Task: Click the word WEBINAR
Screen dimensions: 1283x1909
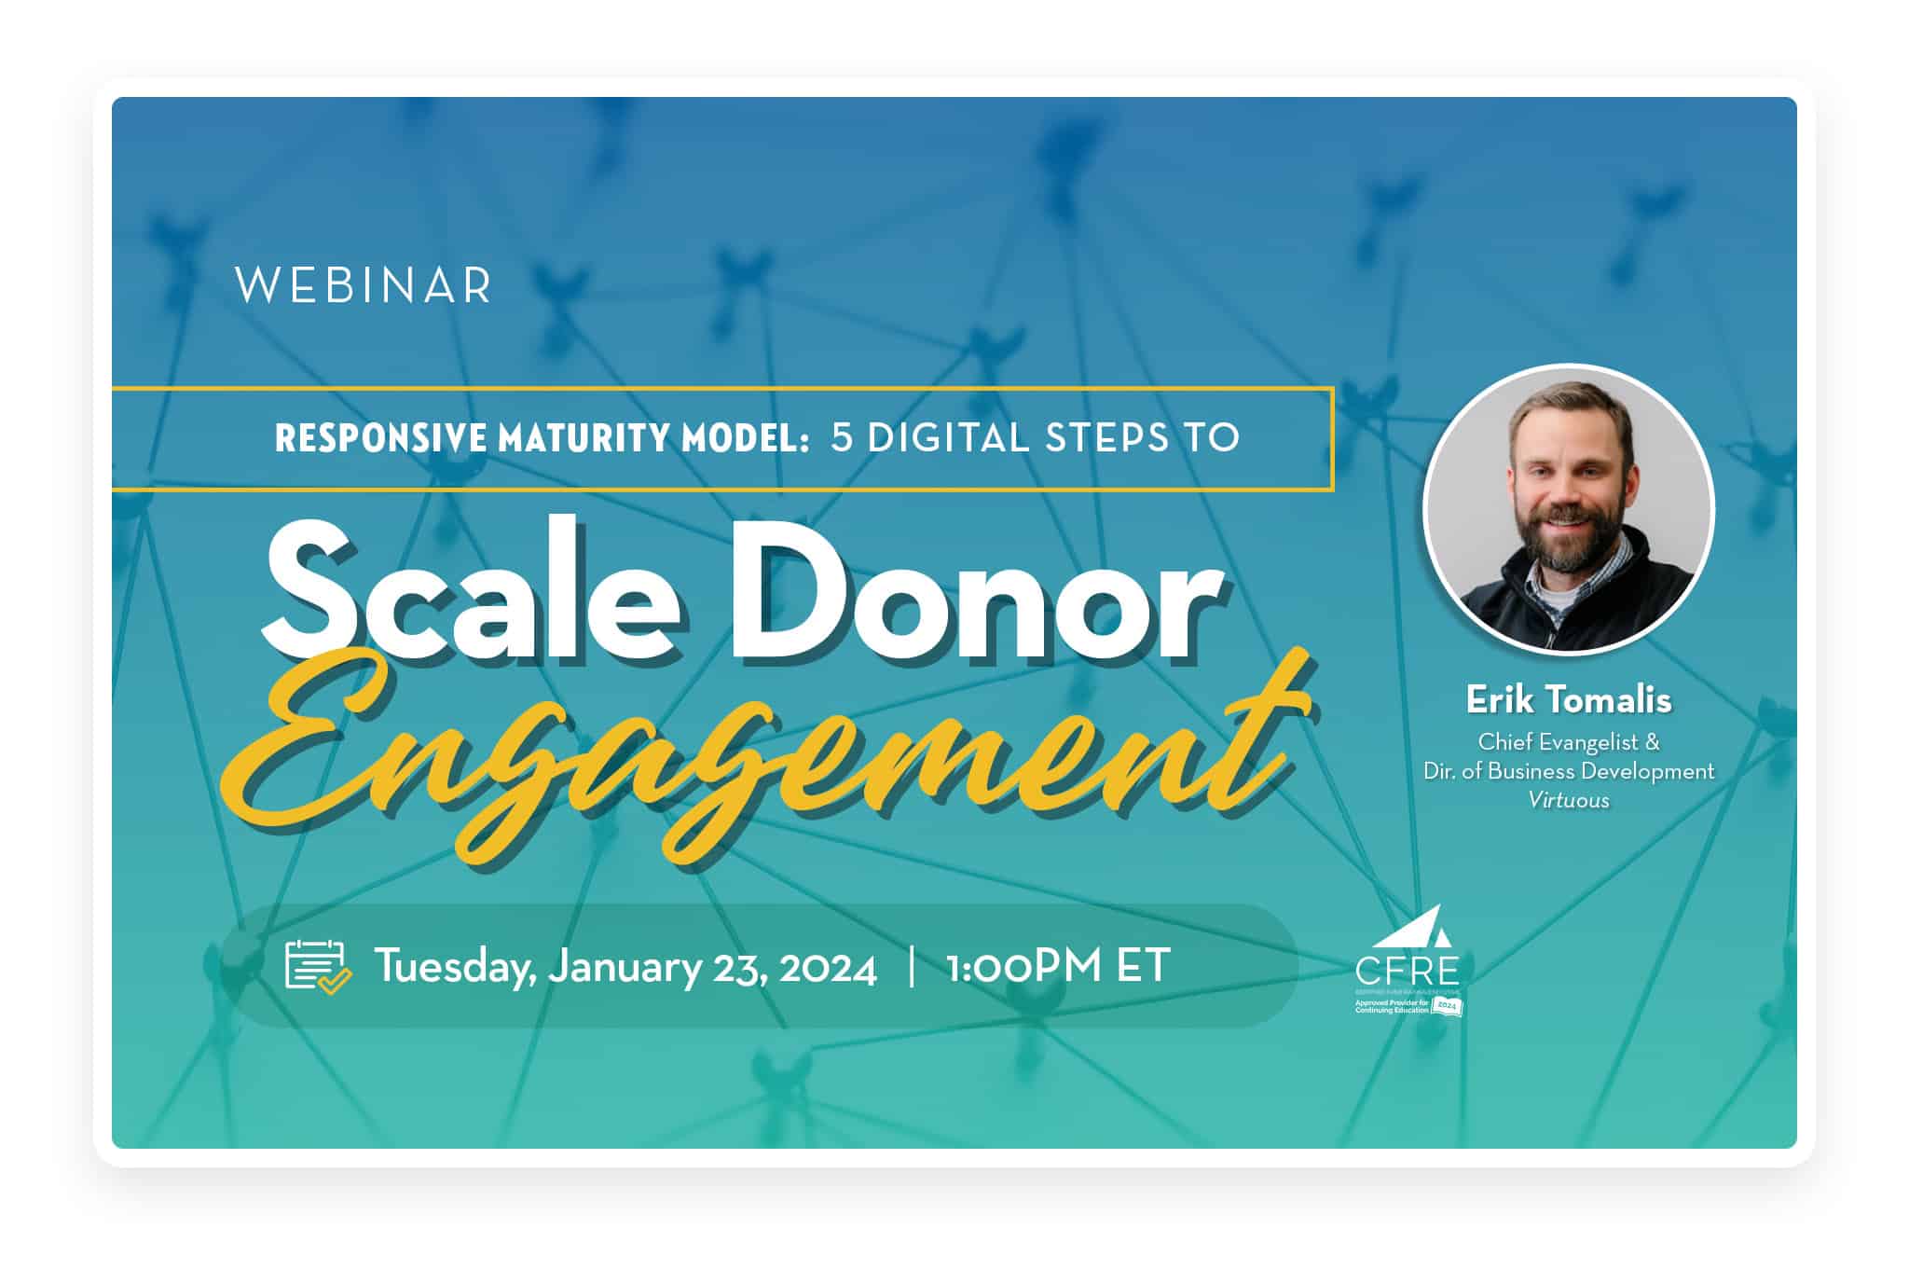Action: [x=364, y=285]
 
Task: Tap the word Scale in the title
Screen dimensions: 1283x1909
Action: [x=471, y=589]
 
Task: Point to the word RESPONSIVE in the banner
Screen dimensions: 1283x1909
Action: [x=381, y=438]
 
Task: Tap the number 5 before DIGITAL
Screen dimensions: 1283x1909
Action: [x=842, y=438]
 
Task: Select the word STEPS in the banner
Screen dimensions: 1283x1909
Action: [x=1106, y=438]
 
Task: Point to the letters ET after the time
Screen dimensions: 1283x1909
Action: [x=1143, y=967]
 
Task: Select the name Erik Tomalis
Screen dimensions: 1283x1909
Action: [x=1569, y=699]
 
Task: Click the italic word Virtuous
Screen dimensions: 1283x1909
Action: [x=1569, y=800]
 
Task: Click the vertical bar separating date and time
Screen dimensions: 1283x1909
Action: [x=911, y=967]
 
